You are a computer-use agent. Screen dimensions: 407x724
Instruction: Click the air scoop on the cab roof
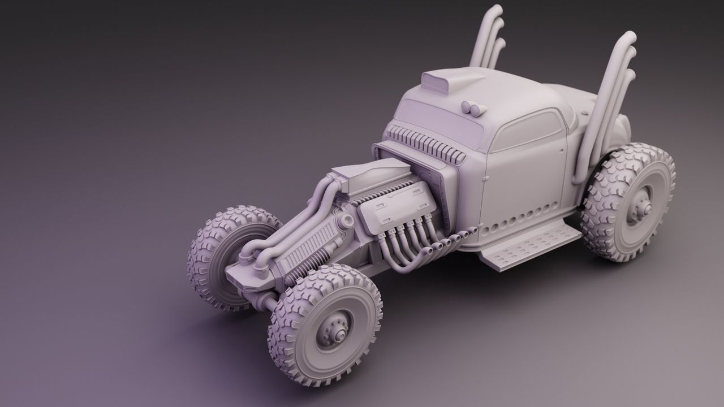pyautogui.click(x=447, y=81)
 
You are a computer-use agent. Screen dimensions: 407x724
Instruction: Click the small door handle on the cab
pyautogui.click(x=485, y=179)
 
